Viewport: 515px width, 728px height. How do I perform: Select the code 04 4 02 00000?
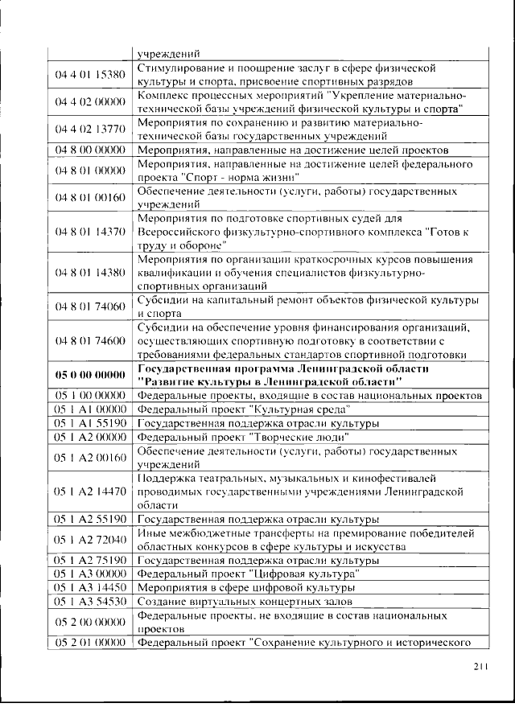click(x=90, y=101)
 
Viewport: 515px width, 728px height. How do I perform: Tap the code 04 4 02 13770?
click(x=90, y=129)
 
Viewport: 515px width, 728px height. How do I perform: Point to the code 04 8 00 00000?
click(x=90, y=150)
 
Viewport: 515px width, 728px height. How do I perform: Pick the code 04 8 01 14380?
click(x=90, y=273)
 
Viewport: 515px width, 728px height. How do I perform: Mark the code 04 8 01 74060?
click(x=90, y=307)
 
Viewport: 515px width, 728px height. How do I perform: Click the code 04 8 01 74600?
click(x=90, y=341)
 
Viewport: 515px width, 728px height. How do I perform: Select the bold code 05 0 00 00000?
click(x=90, y=375)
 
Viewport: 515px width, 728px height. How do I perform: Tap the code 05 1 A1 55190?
click(x=90, y=422)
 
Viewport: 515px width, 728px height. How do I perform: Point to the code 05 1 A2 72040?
click(x=90, y=539)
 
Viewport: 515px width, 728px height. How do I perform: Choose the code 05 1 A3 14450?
click(x=90, y=588)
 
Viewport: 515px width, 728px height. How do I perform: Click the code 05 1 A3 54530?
click(x=90, y=601)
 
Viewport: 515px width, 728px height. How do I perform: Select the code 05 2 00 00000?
click(x=90, y=622)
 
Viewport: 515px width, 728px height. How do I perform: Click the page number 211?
click(x=482, y=666)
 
